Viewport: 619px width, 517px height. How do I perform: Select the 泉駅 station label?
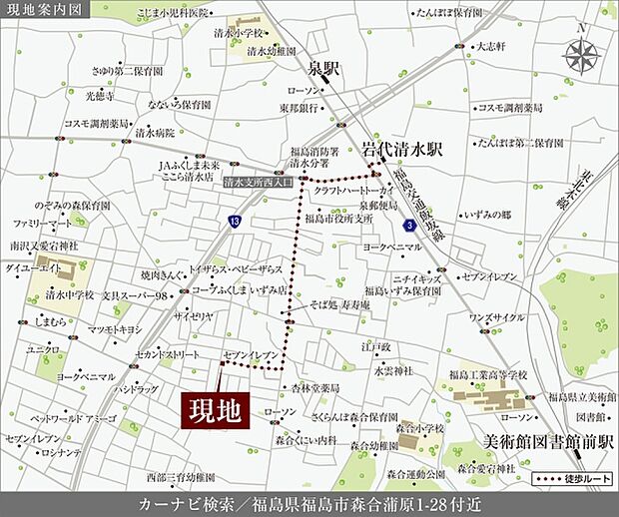pos(323,70)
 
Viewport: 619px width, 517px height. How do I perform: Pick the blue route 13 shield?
pos(234,220)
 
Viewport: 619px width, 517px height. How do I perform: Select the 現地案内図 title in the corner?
pos(45,11)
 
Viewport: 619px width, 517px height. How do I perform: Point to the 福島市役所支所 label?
pos(338,218)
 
